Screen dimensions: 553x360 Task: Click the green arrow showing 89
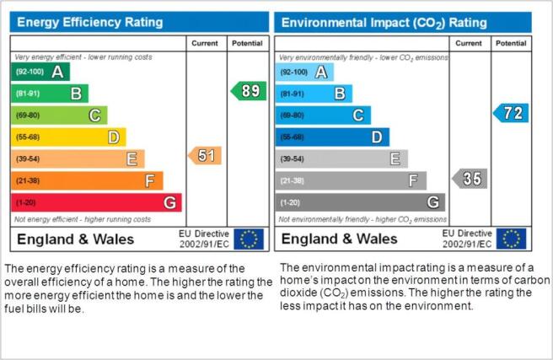pyautogui.click(x=249, y=91)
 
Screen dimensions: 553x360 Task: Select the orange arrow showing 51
pyautogui.click(x=205, y=155)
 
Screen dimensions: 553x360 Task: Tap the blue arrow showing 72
pyautogui.click(x=511, y=113)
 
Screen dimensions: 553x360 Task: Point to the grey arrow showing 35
pyautogui.click(x=470, y=179)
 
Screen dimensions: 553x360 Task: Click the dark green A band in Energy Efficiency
pyautogui.click(x=40, y=72)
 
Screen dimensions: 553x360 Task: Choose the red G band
pyautogui.click(x=96, y=202)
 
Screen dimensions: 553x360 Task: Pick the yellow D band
pyautogui.click(x=68, y=137)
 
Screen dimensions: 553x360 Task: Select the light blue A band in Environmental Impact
pyautogui.click(x=304, y=73)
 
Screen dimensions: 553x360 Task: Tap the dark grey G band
pyautogui.click(x=360, y=202)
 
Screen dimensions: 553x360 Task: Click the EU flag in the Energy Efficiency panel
pyautogui.click(x=249, y=239)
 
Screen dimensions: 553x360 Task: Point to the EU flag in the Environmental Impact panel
pyautogui.click(x=512, y=239)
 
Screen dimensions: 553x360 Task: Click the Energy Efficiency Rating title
pyautogui.click(x=90, y=22)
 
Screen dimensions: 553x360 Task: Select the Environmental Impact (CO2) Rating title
pyautogui.click(x=384, y=23)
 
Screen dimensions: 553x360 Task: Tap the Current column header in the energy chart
pyautogui.click(x=205, y=43)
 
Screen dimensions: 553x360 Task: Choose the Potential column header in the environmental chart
pyautogui.click(x=511, y=43)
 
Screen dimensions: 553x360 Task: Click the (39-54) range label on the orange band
pyautogui.click(x=28, y=159)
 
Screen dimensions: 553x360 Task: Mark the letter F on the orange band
pyautogui.click(x=150, y=181)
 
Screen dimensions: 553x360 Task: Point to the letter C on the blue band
pyautogui.click(x=358, y=116)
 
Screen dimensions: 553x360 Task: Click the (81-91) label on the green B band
pyautogui.click(x=28, y=94)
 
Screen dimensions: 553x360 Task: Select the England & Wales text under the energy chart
pyautogui.click(x=76, y=239)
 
